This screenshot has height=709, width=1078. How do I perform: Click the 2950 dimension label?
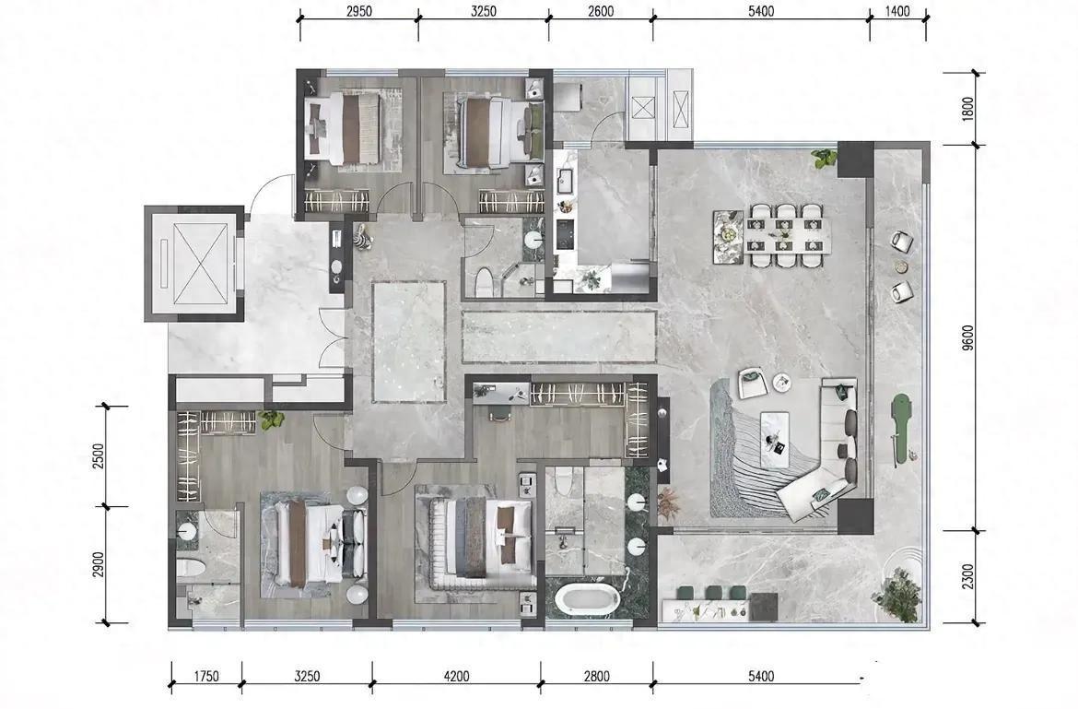(359, 11)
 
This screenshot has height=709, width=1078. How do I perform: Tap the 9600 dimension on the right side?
(968, 337)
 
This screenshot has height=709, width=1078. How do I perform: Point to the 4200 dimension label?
(456, 676)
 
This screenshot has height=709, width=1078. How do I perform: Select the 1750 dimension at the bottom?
(205, 676)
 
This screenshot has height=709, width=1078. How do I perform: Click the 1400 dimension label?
(897, 11)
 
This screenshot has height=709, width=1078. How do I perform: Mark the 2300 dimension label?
(968, 576)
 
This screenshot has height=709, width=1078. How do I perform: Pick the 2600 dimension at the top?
(600, 11)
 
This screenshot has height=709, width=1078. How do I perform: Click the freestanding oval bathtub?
(587, 599)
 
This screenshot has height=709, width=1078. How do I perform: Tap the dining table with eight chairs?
(784, 234)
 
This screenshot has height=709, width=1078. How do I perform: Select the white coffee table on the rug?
(778, 434)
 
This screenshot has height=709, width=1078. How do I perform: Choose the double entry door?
(332, 338)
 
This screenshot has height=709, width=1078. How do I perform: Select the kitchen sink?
(567, 182)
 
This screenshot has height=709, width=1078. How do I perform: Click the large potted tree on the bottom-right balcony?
(897, 593)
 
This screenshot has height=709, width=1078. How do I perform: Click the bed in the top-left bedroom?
(343, 128)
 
